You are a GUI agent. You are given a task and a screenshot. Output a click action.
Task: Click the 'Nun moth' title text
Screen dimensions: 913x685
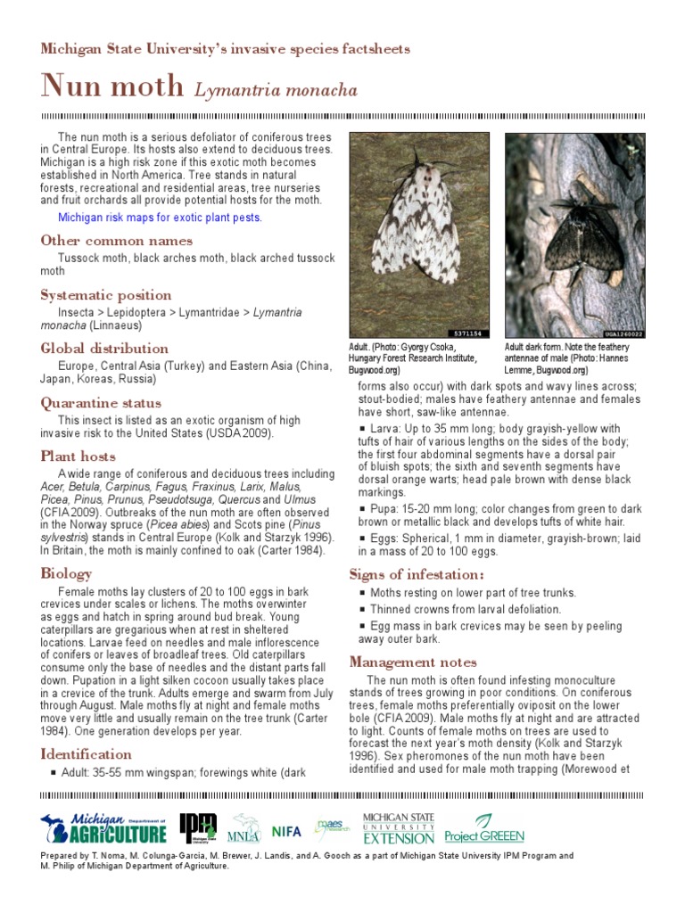111,86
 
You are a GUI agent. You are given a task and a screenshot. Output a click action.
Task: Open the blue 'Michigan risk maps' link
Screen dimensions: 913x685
160,217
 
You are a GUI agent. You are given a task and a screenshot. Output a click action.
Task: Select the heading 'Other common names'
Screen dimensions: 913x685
116,241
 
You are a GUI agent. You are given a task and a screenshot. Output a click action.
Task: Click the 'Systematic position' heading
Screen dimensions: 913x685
106,295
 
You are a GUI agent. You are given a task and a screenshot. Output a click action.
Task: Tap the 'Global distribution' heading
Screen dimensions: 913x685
104,349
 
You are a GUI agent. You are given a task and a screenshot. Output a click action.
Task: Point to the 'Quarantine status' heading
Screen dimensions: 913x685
101,403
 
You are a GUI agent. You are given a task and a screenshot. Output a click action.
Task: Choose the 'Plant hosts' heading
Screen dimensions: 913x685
78,456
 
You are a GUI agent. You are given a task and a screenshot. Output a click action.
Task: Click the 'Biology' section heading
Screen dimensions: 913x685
66,573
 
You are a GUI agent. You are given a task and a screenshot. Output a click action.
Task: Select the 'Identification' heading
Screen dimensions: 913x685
86,754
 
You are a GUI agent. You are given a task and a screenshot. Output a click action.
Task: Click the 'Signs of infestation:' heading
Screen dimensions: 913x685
417,574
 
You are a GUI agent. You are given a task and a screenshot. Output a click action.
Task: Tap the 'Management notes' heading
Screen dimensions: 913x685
413,662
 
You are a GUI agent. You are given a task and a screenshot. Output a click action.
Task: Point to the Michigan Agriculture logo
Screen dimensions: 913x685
104,828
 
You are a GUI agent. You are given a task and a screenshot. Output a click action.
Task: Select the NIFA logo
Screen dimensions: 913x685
286,831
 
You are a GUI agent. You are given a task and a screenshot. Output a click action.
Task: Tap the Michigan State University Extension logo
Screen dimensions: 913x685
399,828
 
